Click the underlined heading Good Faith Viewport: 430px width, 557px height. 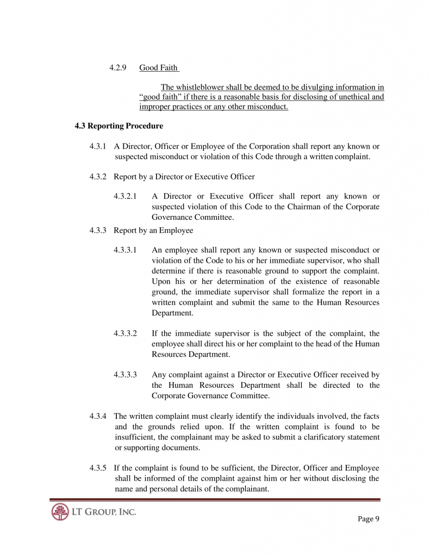158,68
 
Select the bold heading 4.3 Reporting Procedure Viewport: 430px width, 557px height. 119,126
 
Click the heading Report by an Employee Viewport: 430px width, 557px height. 153,231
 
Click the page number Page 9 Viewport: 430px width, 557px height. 369,519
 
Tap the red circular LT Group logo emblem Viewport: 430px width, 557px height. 60,512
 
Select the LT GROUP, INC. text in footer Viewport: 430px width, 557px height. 103,512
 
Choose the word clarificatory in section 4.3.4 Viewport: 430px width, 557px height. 332,437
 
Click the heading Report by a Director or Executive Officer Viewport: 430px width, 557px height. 184,177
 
